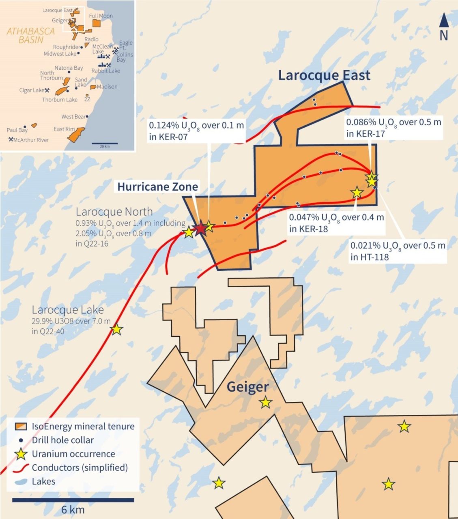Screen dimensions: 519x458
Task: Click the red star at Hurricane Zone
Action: tap(200, 229)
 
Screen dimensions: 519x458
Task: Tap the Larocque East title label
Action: tap(324, 75)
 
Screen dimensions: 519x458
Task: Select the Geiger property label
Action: tap(247, 387)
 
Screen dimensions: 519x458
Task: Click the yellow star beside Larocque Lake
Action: tap(116, 329)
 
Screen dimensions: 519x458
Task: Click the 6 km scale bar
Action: tap(73, 500)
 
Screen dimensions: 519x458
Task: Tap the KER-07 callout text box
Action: tap(196, 131)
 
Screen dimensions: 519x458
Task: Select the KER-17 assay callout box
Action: tap(393, 127)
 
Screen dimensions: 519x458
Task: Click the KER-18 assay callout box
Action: tap(336, 223)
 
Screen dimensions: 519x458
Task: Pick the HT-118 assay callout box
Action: tap(398, 251)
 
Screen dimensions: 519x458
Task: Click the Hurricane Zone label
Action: tap(157, 187)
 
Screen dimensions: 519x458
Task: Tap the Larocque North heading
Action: tap(114, 212)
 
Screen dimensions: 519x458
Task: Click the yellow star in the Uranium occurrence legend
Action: tap(21, 454)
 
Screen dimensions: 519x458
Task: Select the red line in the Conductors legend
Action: tap(21, 468)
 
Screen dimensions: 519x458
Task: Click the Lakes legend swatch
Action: tap(21, 482)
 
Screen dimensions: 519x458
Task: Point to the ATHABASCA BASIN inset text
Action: tap(30, 35)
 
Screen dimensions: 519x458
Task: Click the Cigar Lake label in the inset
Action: tap(31, 90)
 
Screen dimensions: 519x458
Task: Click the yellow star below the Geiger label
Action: tap(265, 402)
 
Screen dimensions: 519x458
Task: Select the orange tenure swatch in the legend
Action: tap(21, 427)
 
